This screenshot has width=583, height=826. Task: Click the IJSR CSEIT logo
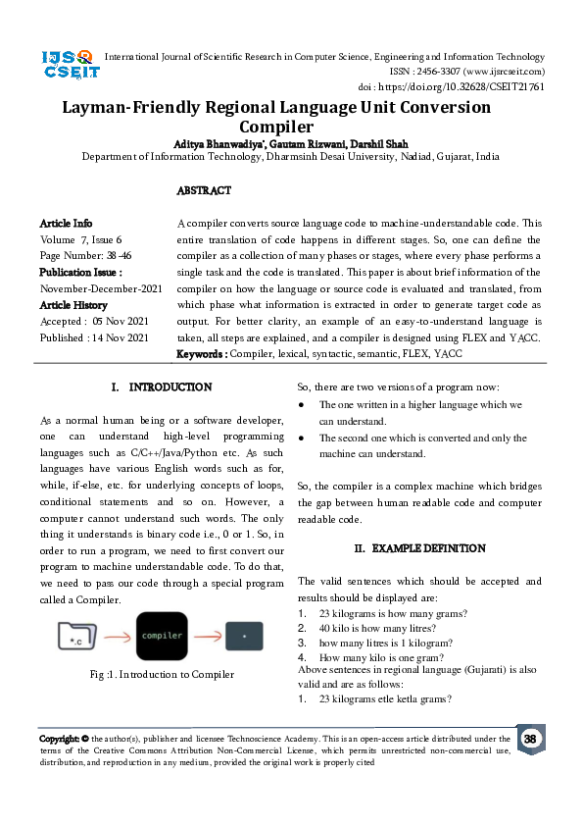[x=67, y=66]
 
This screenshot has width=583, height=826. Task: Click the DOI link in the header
[x=472, y=86]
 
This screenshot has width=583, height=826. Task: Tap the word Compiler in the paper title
[x=276, y=127]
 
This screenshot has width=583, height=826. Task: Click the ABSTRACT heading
[x=204, y=190]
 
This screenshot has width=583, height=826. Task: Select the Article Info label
[x=67, y=224]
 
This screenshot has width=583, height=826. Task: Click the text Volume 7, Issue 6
[x=81, y=239]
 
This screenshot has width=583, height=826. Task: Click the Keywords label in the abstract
[x=201, y=353]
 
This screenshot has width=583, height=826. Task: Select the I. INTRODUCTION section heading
[x=162, y=387]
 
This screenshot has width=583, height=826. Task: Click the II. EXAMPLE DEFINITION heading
[x=419, y=547]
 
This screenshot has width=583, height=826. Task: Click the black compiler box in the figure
[x=162, y=636]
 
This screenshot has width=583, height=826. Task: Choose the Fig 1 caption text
[x=162, y=674]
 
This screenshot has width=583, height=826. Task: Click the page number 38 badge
[x=530, y=739]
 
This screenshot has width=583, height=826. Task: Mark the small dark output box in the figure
[x=244, y=636]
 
